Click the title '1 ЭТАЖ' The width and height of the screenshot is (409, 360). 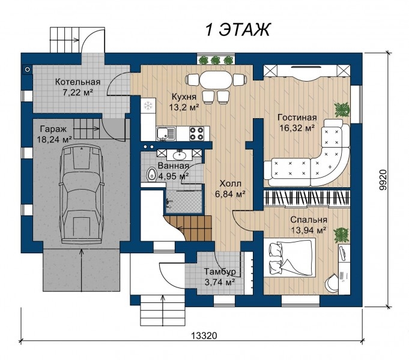[x=238, y=29]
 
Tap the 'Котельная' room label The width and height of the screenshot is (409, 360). [x=77, y=82]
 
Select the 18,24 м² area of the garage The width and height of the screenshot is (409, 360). [x=54, y=139]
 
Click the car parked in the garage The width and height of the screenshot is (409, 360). [x=81, y=195]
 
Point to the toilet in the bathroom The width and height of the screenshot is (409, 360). [x=151, y=175]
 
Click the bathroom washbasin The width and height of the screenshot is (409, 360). [x=180, y=155]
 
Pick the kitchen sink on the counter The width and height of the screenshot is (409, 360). [x=166, y=134]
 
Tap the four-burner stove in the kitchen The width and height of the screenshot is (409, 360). [x=196, y=133]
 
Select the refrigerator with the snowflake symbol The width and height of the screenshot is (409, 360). [x=148, y=106]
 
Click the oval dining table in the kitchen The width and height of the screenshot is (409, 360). [x=216, y=80]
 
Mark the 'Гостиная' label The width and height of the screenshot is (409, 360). [x=297, y=118]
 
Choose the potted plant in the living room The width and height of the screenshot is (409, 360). [x=342, y=109]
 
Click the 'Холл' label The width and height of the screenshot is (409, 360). [x=230, y=184]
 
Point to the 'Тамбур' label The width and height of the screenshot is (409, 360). [x=220, y=272]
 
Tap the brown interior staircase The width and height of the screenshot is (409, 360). [x=190, y=228]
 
